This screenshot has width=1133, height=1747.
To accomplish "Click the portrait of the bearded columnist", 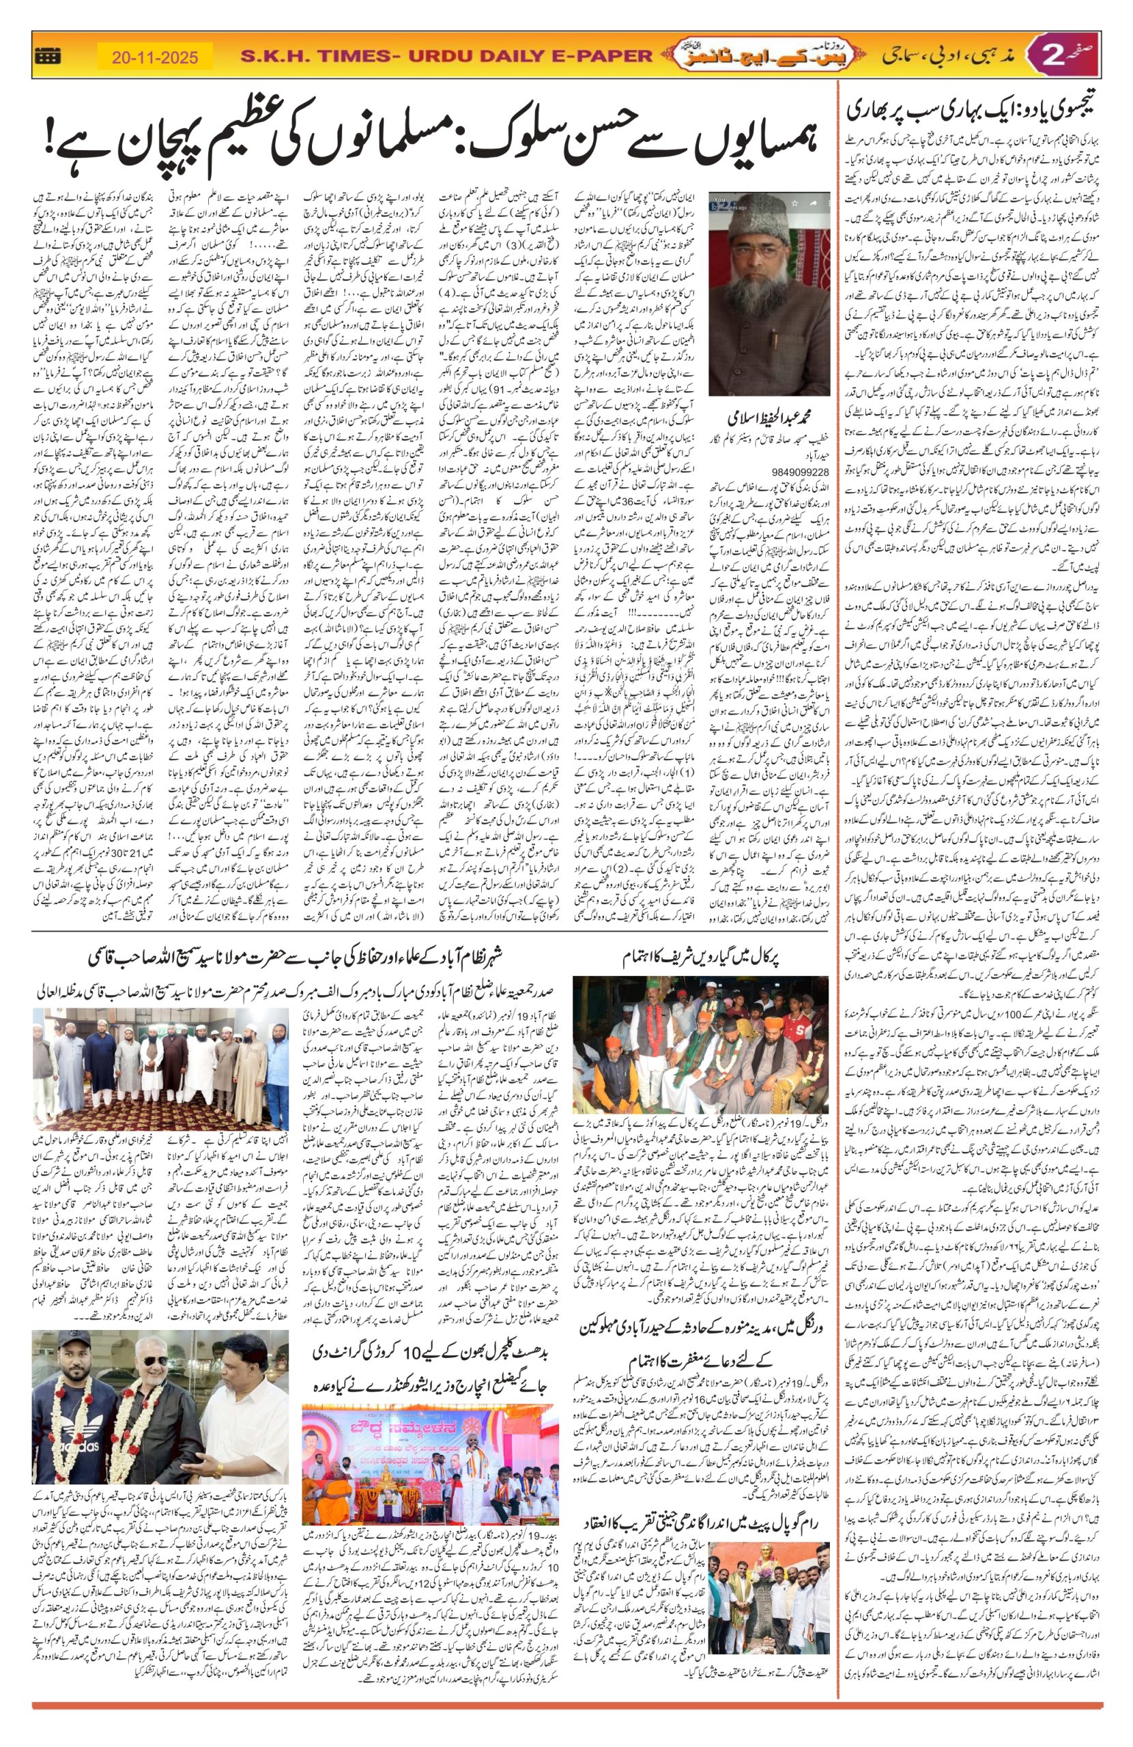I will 769,293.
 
